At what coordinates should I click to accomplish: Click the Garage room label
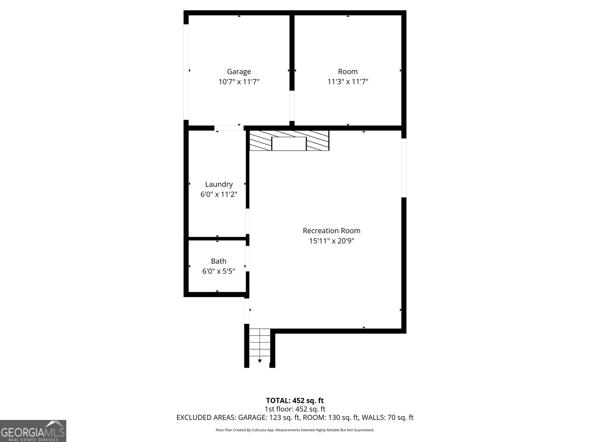(x=239, y=71)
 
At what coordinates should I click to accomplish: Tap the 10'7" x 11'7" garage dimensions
(x=239, y=82)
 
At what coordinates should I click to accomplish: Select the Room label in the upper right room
(x=348, y=71)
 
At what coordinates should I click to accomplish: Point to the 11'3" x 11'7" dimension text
(x=348, y=82)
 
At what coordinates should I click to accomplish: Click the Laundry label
(x=219, y=184)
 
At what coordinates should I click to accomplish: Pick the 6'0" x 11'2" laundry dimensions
(x=219, y=194)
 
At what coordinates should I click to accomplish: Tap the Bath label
(x=219, y=261)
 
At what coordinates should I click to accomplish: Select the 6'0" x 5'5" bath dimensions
(x=219, y=271)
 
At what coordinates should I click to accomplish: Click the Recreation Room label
(x=332, y=231)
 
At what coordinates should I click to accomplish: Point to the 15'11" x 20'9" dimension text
(x=332, y=241)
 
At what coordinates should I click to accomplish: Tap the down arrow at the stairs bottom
(x=260, y=361)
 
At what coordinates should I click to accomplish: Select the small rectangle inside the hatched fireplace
(x=289, y=144)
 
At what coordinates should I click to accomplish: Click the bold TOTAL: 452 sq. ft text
(x=295, y=400)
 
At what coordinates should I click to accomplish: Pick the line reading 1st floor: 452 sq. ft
(x=295, y=409)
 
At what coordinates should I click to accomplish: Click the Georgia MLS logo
(x=33, y=431)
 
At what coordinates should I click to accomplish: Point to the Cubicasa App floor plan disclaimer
(x=295, y=430)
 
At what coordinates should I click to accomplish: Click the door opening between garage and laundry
(x=229, y=128)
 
